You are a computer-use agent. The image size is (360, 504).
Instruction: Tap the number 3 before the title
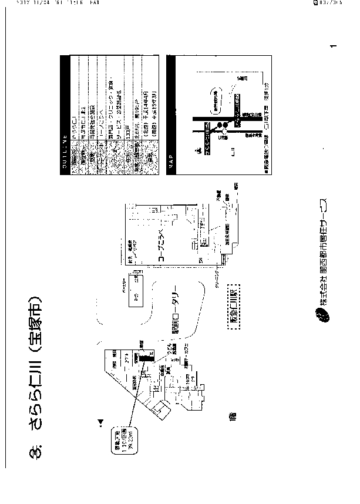point(39,452)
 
